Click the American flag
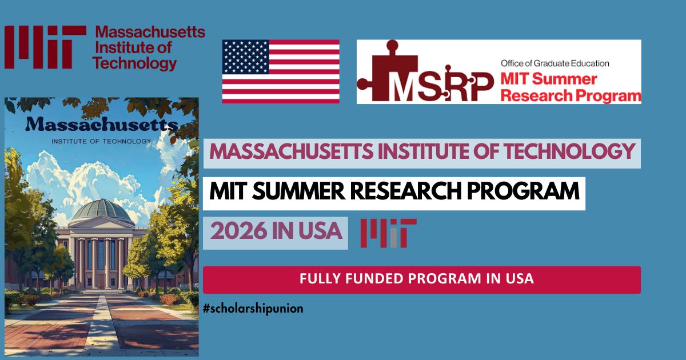[x=281, y=71]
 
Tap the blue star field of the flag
[x=246, y=58]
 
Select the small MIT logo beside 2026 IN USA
[x=388, y=233]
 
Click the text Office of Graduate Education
[x=555, y=63]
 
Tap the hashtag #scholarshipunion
[x=253, y=309]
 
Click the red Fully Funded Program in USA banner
[x=421, y=279]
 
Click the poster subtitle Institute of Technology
[x=101, y=141]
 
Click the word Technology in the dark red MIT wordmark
[x=135, y=63]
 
